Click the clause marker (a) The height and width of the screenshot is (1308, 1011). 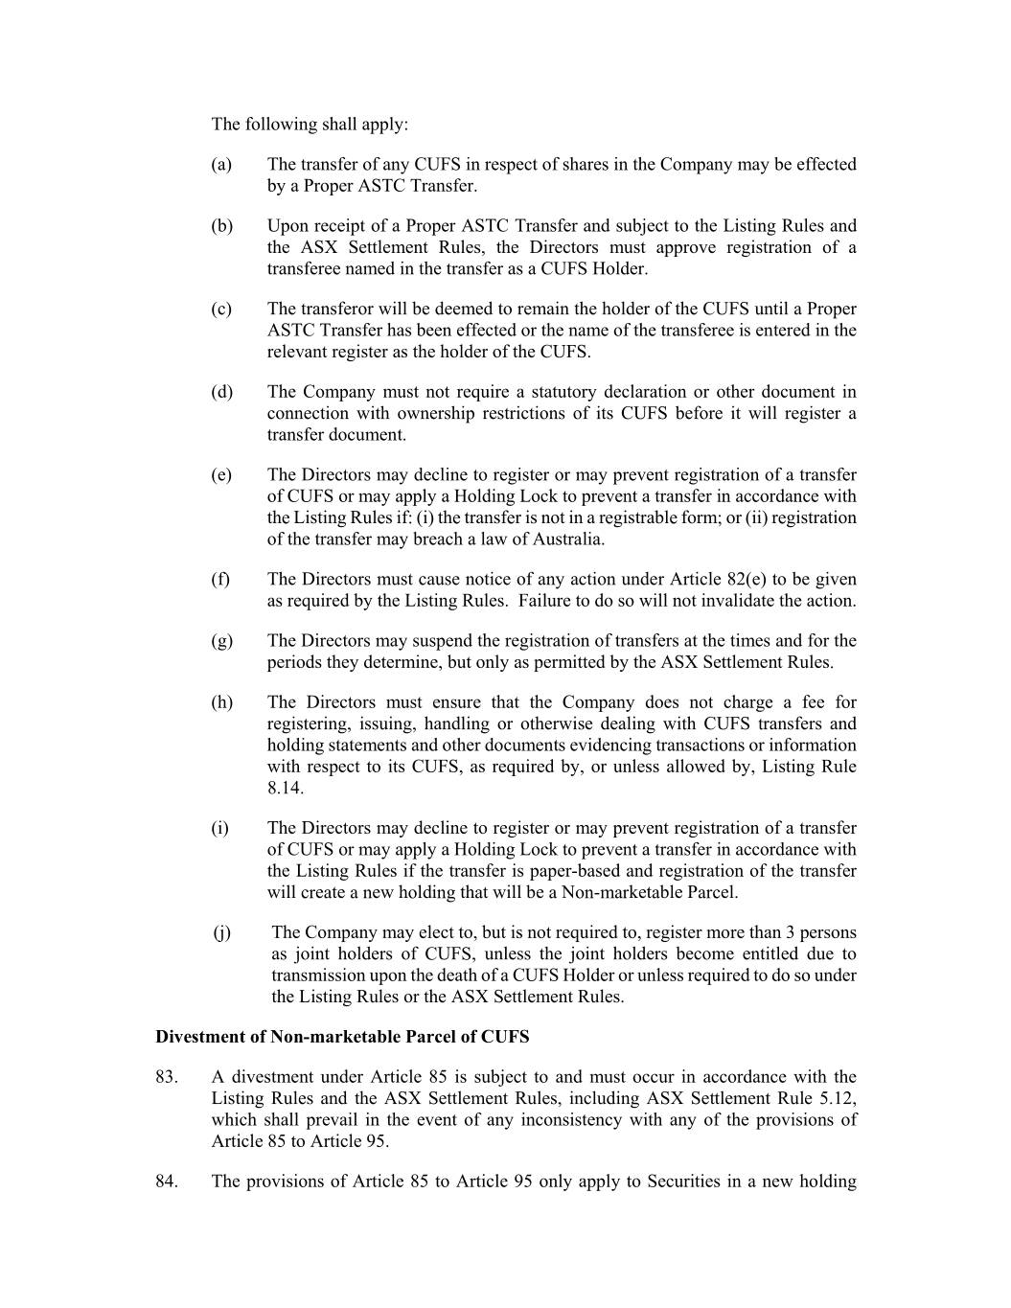coord(221,165)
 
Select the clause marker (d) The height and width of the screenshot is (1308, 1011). coord(221,392)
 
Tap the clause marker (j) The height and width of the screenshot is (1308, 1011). coord(222,932)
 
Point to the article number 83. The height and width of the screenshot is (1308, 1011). coord(166,1077)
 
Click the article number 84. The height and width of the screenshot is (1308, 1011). coord(166,1182)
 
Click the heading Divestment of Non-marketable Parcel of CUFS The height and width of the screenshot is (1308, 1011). coord(342,1037)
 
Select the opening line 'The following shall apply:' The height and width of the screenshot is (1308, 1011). coord(310,125)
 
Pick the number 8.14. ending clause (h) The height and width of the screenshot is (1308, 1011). coord(285,788)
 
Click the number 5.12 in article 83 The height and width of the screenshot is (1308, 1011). coord(837,1098)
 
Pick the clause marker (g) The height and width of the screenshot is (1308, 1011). coord(221,641)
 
